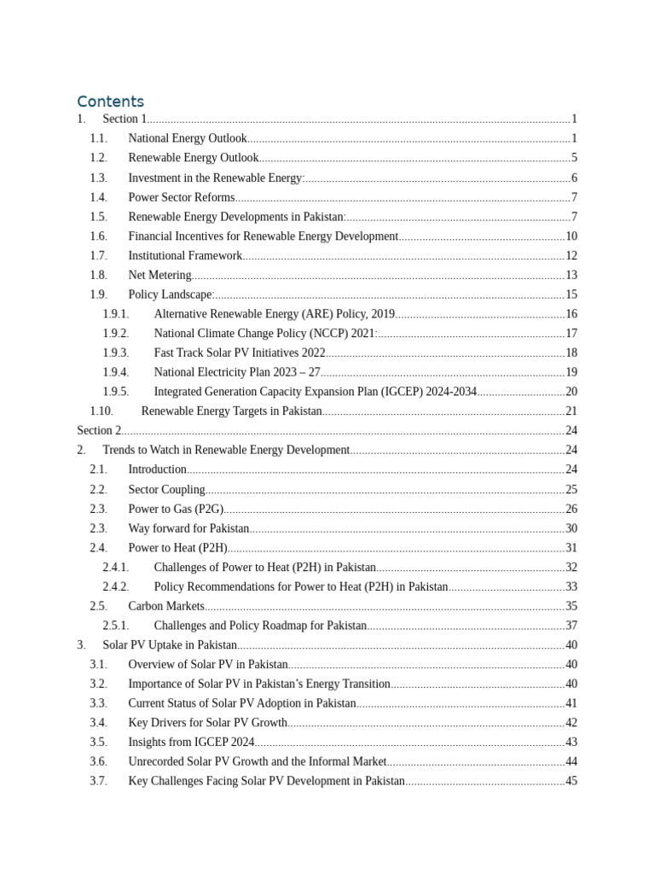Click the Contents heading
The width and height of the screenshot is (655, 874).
[x=110, y=102]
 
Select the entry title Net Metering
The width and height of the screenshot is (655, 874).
[x=159, y=275]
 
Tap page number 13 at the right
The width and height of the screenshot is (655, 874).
[x=571, y=275]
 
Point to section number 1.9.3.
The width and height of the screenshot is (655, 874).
[x=116, y=353]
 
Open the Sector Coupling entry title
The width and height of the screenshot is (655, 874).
[x=166, y=489]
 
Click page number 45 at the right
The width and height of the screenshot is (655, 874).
[x=571, y=781]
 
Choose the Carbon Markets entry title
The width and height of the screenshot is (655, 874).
[x=166, y=606]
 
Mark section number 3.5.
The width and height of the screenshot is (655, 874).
[x=98, y=742]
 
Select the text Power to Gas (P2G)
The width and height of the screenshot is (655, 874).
[x=176, y=509]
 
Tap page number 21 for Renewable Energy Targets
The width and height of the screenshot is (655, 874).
[x=571, y=411]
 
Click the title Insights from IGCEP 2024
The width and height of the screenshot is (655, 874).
[x=191, y=742]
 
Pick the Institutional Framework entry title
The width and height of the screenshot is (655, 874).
[x=185, y=255]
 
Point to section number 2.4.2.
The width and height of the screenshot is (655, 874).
[x=116, y=586]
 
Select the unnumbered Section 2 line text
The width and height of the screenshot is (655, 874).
[x=99, y=430]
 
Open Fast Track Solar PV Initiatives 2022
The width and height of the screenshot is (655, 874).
[x=240, y=353]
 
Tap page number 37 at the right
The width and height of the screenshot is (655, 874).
[x=571, y=626]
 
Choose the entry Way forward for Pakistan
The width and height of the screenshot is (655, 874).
[x=188, y=528]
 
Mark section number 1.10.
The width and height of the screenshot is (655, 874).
[x=101, y=411]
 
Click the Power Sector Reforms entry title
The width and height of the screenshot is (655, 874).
[x=181, y=197]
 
